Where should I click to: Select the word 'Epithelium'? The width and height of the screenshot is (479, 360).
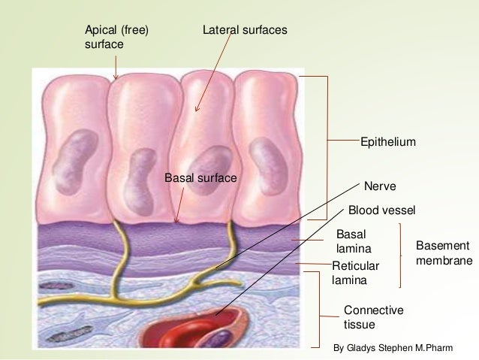coord(388,141)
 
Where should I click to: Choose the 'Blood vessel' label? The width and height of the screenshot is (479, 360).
coord(382,210)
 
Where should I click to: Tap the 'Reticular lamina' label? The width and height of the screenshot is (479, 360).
coord(356,272)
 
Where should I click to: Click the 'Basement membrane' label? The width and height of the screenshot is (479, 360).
coord(443,254)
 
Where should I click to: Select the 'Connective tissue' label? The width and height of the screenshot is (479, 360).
coord(363,317)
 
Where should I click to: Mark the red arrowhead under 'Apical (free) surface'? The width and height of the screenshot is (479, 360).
coord(115,77)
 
